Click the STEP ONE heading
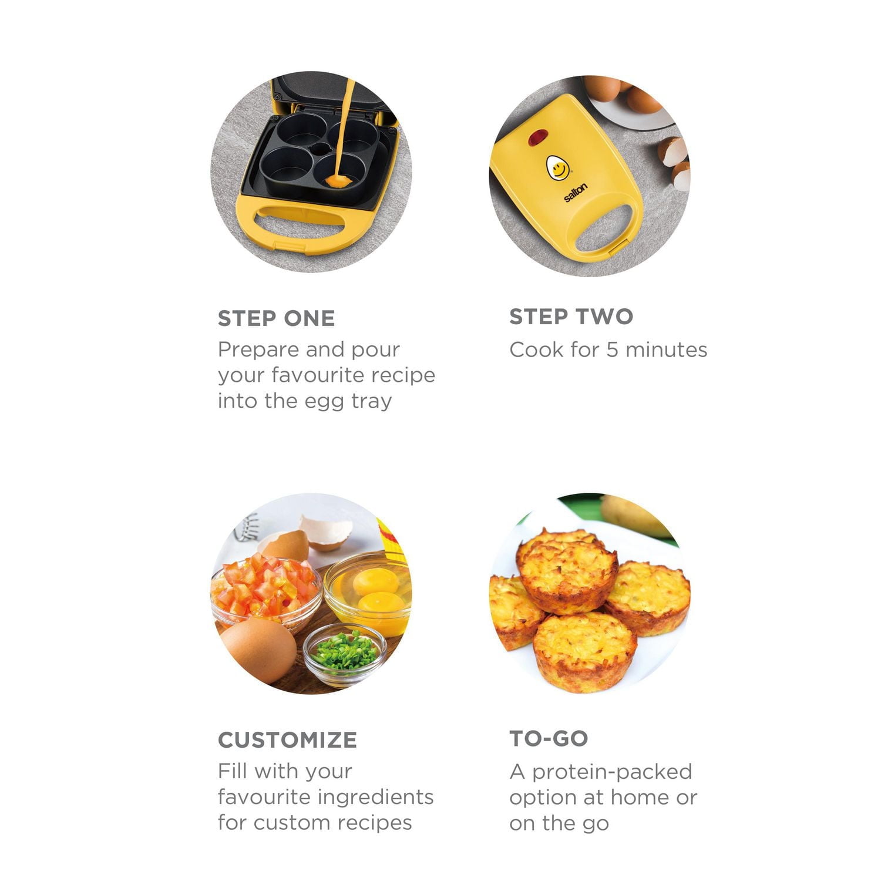[x=276, y=318]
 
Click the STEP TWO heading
[x=571, y=317]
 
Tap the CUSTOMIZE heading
[x=287, y=739]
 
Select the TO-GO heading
[x=549, y=738]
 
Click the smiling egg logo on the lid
[x=558, y=168]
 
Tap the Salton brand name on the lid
[x=576, y=193]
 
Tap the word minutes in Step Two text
[x=666, y=350]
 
